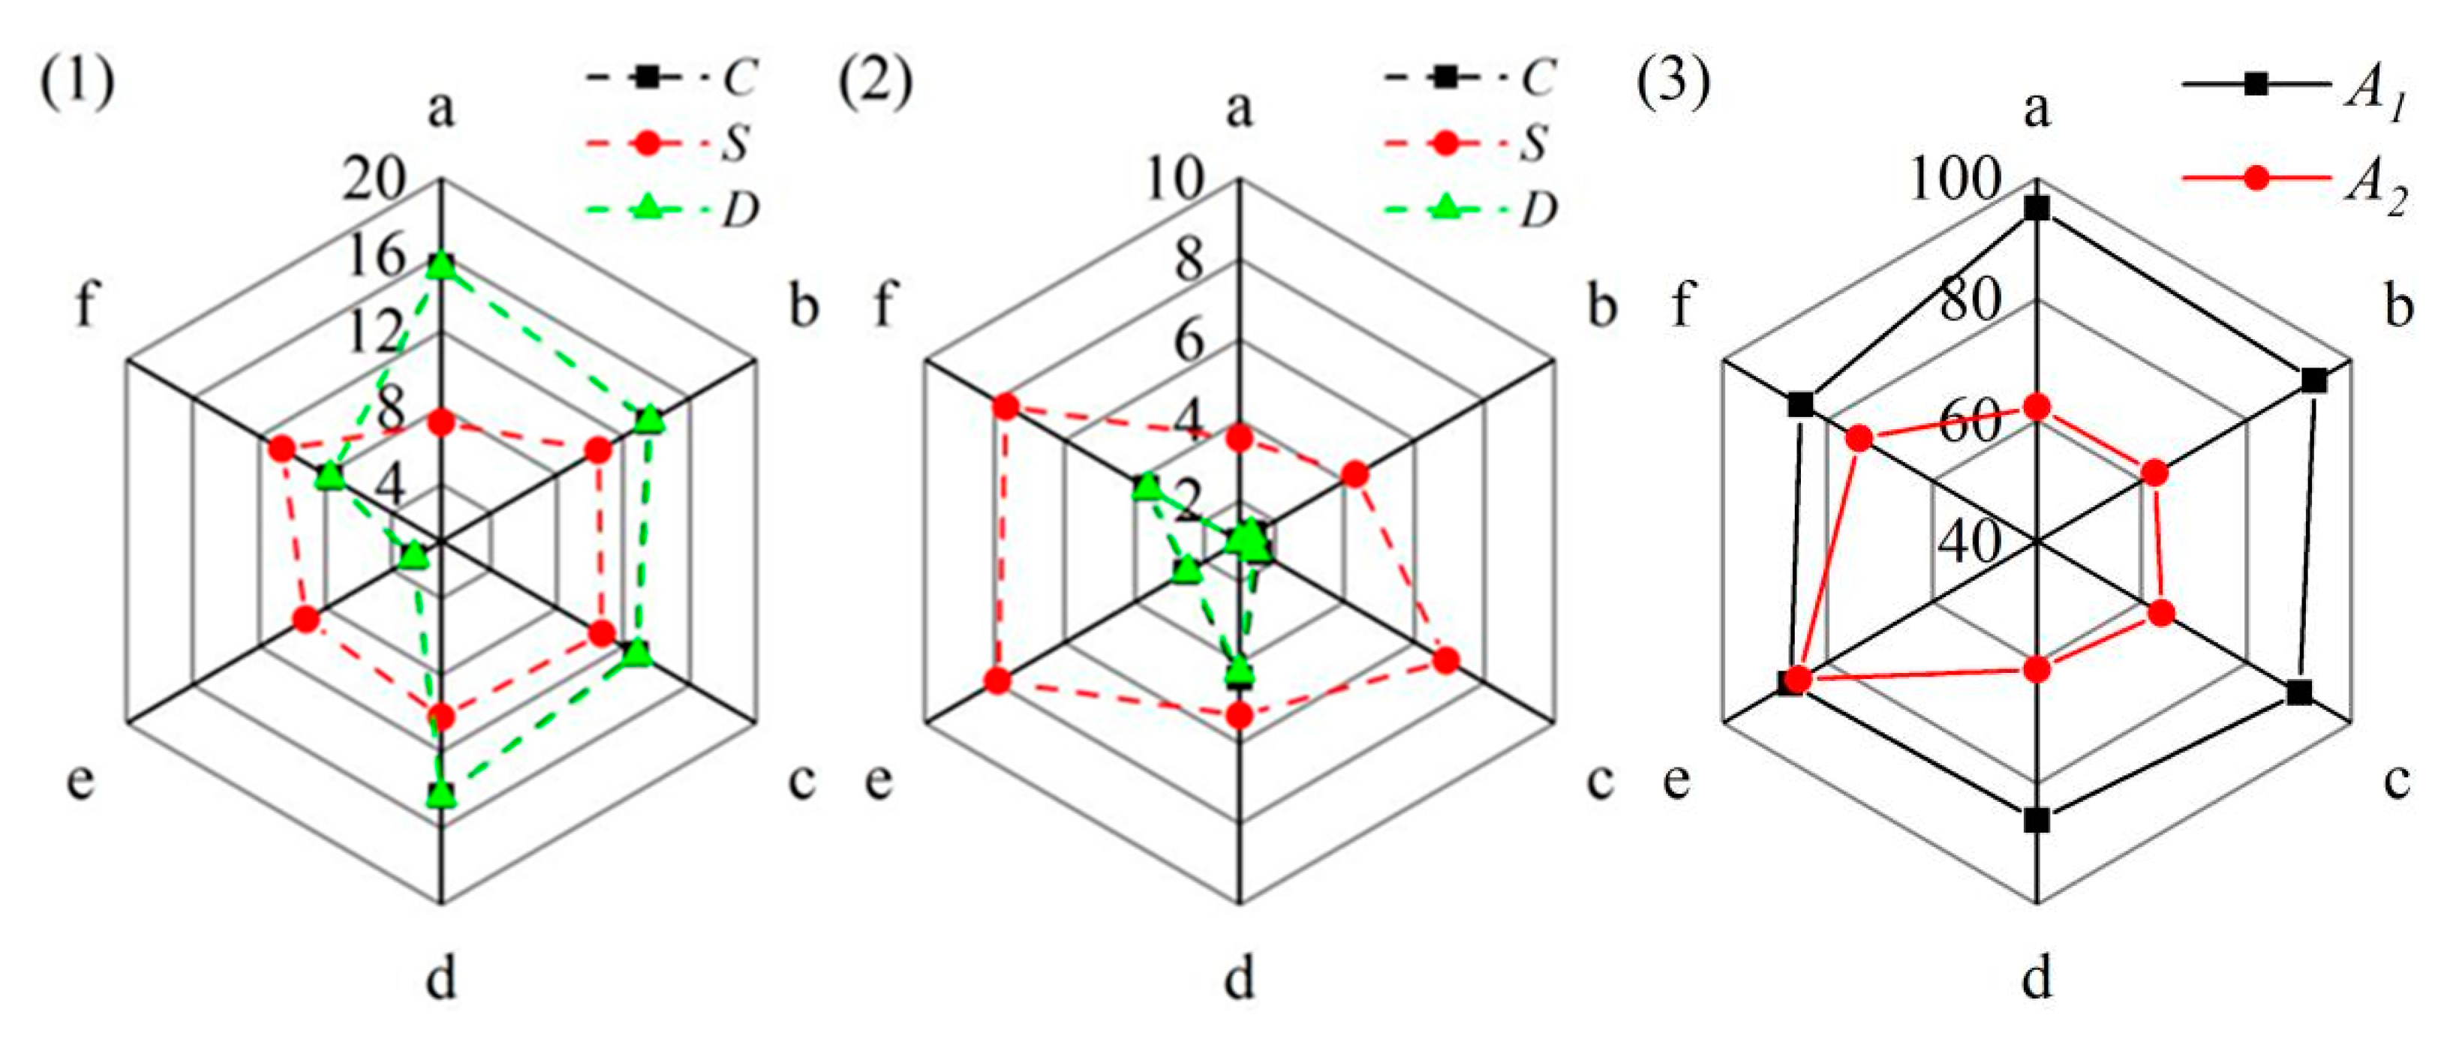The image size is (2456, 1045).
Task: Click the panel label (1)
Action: [77, 83]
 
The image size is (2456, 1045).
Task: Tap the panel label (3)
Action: [1673, 83]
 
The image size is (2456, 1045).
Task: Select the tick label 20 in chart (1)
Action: [374, 179]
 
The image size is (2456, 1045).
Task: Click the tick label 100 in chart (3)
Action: [1955, 179]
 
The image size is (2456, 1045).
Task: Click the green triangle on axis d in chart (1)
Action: [440, 792]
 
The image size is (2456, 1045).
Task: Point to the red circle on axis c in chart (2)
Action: [1445, 661]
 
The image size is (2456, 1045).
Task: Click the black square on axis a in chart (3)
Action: [2037, 208]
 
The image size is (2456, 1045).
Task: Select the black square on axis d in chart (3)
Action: [2037, 819]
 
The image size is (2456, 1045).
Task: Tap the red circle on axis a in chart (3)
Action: [2037, 407]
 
